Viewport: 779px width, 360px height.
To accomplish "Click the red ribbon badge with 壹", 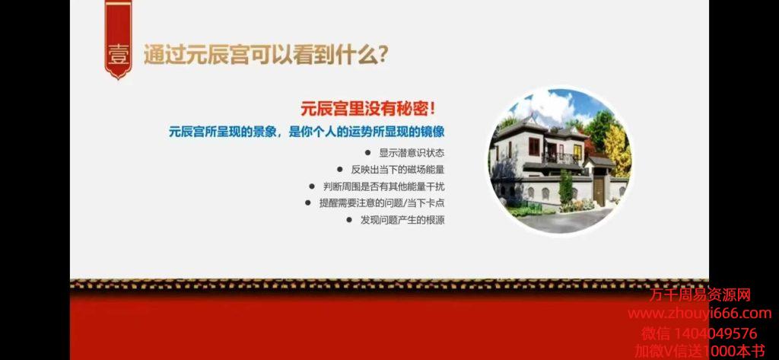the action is click(x=118, y=40).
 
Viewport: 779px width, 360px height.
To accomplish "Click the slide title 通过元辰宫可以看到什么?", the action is click(x=265, y=56).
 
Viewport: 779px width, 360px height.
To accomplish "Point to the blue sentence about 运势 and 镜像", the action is click(x=306, y=132).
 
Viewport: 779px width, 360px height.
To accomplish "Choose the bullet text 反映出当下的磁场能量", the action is click(x=398, y=170).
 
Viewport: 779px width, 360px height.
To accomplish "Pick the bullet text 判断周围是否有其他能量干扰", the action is click(x=383, y=186).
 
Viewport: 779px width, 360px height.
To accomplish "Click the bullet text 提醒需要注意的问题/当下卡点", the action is click(x=382, y=203).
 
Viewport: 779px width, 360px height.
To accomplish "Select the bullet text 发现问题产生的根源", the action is click(x=402, y=220).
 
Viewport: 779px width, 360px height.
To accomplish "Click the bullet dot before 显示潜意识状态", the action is click(x=367, y=153).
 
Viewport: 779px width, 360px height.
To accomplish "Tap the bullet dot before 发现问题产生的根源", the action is click(x=349, y=220).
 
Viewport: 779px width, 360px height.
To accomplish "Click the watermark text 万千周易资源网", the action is click(x=700, y=295).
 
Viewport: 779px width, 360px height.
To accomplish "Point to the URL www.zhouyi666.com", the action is click(x=700, y=314).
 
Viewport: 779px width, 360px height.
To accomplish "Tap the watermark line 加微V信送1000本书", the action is click(x=700, y=352).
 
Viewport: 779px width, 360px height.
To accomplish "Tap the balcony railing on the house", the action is click(x=561, y=158).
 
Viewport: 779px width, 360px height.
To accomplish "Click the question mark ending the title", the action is click(x=382, y=56).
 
